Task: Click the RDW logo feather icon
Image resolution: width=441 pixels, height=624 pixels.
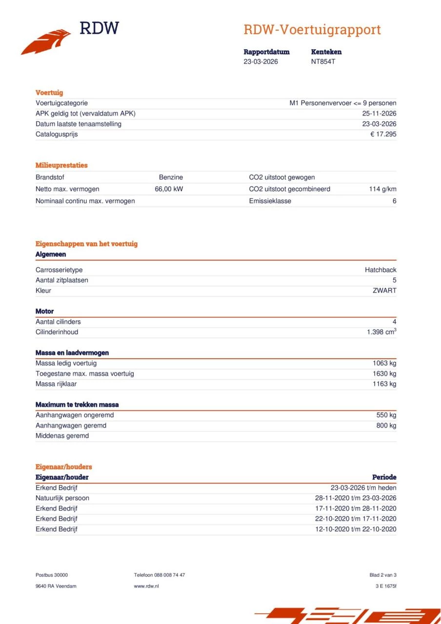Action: click(46, 42)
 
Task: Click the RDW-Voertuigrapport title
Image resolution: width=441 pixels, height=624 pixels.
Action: click(312, 30)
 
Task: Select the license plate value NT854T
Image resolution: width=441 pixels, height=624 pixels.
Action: click(323, 62)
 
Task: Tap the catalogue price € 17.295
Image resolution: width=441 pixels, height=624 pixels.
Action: click(383, 134)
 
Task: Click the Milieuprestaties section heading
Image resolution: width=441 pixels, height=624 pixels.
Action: click(61, 165)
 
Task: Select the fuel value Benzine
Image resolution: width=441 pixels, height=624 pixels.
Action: click(171, 177)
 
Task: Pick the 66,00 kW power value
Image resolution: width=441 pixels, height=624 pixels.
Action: click(169, 189)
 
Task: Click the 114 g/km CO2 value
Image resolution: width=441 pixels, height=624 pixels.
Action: click(382, 189)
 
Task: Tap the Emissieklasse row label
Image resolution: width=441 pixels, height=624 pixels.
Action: click(270, 201)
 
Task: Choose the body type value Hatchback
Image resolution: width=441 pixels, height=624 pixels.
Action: click(381, 270)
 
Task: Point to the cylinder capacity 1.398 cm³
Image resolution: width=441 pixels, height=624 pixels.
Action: click(381, 332)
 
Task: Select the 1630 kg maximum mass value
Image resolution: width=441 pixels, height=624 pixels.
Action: click(384, 373)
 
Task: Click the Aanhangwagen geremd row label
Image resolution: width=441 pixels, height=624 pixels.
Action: click(71, 426)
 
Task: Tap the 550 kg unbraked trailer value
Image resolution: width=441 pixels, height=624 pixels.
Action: click(386, 415)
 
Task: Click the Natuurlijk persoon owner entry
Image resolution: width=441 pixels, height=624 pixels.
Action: click(62, 498)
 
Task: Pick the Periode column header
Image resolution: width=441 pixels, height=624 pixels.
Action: click(384, 477)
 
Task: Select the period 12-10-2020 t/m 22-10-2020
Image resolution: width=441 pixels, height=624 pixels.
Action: click(355, 529)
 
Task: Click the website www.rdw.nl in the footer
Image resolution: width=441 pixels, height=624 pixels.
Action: click(146, 586)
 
